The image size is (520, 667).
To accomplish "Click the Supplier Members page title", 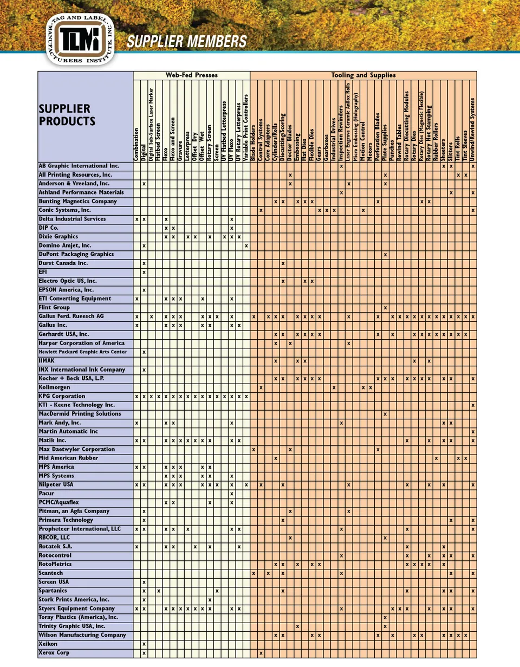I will coord(187,42).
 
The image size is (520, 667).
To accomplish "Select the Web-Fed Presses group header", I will coord(191,75).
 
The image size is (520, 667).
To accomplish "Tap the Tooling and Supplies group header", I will coord(363,75).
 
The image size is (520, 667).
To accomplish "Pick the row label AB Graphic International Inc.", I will coord(79,166).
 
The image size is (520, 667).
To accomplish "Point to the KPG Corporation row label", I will coord(62,397).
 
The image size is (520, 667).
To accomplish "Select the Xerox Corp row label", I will coord(54,653).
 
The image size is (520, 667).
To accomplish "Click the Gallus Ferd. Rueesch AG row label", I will coord(71,316).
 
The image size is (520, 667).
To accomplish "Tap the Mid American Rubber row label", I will coord(68,458).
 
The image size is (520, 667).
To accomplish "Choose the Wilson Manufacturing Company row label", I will coord(82,635).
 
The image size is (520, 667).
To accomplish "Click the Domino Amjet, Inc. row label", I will coord(65,245).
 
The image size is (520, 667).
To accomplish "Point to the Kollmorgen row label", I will coord(55,387).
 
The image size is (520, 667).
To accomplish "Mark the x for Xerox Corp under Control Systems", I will coord(261,653).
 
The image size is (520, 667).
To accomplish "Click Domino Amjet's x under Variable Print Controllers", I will coord(246,245).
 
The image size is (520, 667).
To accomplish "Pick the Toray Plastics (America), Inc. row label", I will coord(78,617).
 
